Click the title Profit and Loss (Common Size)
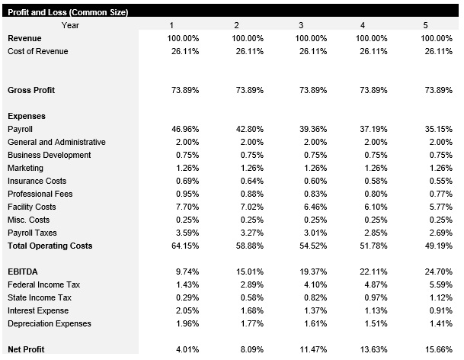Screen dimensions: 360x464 pyautogui.click(x=67, y=12)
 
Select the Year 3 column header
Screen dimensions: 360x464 pyautogui.click(x=301, y=25)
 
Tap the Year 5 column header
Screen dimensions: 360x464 pyautogui.click(x=425, y=25)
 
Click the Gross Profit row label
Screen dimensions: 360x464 pyautogui.click(x=30, y=90)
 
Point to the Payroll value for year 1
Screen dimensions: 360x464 pyautogui.click(x=184, y=129)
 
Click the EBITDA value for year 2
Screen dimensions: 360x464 pyautogui.click(x=248, y=272)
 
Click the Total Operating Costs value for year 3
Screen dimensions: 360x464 pyautogui.click(x=311, y=246)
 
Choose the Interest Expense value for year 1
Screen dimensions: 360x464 pyautogui.click(x=186, y=310)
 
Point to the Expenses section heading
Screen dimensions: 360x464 pyautogui.click(x=26, y=116)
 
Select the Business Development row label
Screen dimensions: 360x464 pyautogui.click(x=49, y=155)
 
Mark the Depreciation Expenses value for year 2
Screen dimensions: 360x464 pyautogui.click(x=250, y=323)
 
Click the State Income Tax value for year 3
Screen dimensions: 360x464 pyautogui.click(x=313, y=297)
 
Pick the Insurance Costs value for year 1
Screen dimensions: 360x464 pyautogui.click(x=186, y=181)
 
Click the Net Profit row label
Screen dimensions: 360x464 pyautogui.click(x=26, y=349)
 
